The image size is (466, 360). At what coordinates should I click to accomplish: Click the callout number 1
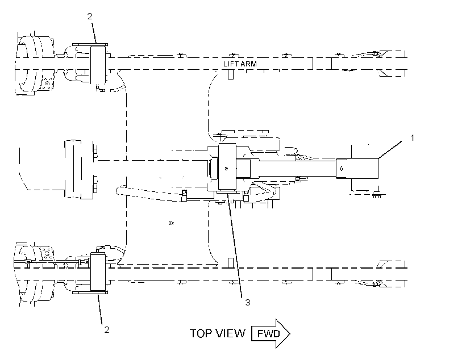click(x=412, y=138)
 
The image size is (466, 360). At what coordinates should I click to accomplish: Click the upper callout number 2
click(x=90, y=16)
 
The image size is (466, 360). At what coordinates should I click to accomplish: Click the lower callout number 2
click(x=107, y=329)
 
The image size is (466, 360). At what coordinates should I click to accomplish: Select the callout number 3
click(x=248, y=303)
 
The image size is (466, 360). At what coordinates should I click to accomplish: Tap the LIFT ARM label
click(x=240, y=64)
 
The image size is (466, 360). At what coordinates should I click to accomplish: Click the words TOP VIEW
click(x=218, y=333)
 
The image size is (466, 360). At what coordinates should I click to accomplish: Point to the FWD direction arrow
click(x=271, y=333)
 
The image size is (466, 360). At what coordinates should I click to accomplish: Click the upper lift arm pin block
click(x=98, y=65)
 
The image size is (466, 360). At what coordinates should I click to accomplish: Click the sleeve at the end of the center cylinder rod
click(x=357, y=169)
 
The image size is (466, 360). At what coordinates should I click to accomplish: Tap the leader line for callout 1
click(x=390, y=149)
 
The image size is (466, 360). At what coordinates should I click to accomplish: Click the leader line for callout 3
click(x=235, y=245)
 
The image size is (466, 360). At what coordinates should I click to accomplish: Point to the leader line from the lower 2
click(x=100, y=309)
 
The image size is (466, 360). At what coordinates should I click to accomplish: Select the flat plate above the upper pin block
click(x=90, y=44)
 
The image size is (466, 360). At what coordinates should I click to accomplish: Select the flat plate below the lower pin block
click(x=90, y=292)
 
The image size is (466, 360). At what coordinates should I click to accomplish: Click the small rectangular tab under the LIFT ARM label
click(x=231, y=74)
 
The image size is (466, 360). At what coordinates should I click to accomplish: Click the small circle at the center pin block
click(x=226, y=169)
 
